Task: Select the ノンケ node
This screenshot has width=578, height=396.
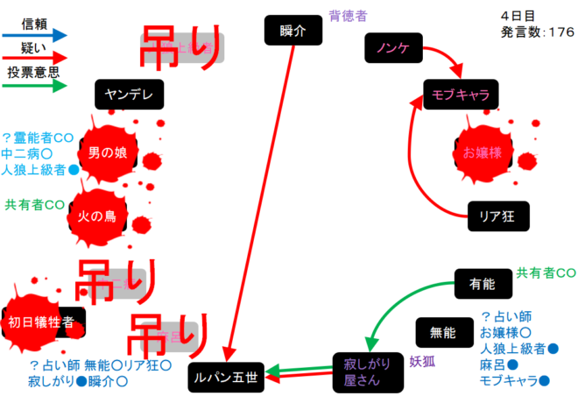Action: [393, 48]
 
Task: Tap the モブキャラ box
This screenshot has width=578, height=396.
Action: [460, 93]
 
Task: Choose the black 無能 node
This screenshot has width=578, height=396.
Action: [443, 333]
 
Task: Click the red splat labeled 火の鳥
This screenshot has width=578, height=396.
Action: [98, 215]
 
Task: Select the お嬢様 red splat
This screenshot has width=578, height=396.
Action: [481, 152]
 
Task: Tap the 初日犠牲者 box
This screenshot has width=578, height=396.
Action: [46, 322]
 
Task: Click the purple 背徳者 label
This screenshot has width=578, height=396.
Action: [348, 15]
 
